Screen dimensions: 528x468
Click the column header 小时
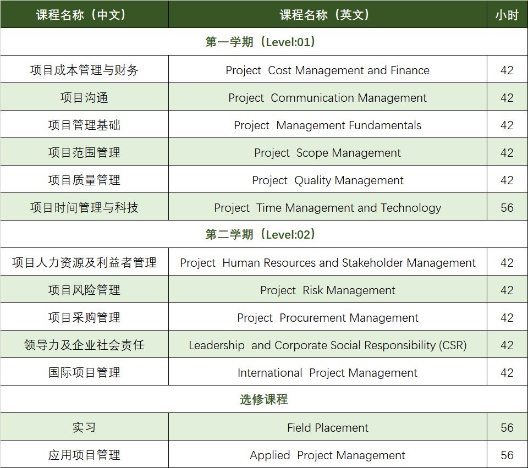coord(507,15)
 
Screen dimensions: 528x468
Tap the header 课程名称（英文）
coord(324,15)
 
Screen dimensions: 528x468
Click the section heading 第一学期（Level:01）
coord(260,42)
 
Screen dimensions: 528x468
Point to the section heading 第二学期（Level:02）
coord(260,234)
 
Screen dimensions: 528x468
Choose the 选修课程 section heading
coord(264,400)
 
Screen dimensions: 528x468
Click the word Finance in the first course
coord(410,70)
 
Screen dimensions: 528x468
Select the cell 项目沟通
coord(84,98)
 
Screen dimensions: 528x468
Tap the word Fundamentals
coord(385,125)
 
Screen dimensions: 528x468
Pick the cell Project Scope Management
coord(327,153)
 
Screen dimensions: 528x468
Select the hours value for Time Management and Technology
coord(507,208)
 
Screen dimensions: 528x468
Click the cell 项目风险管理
coord(84,290)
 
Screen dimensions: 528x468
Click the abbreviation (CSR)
coord(453,345)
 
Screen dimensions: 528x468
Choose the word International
coord(269,373)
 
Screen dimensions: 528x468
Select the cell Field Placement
coord(327,428)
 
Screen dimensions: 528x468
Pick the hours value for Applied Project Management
coord(507,455)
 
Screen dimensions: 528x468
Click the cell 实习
coord(84,428)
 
